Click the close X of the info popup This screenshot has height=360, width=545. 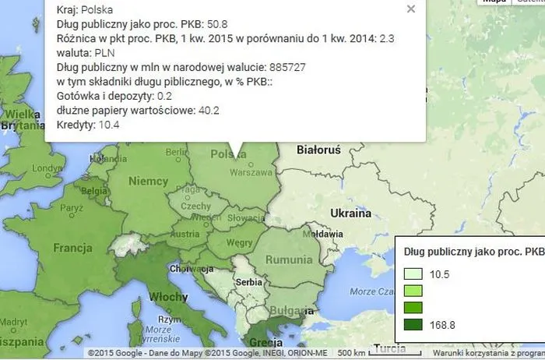(x=411, y=9)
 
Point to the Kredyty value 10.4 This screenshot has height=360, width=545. (x=109, y=125)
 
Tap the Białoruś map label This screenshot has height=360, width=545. (x=319, y=150)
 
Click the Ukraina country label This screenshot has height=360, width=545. (x=350, y=213)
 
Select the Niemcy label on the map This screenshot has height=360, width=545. (x=148, y=182)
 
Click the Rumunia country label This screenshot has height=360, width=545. (x=289, y=259)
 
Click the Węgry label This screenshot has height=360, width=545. (x=234, y=242)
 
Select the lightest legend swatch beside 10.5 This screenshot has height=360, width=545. (x=413, y=274)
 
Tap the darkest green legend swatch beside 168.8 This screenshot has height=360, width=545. (x=413, y=324)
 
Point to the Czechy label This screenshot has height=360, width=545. (x=195, y=206)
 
